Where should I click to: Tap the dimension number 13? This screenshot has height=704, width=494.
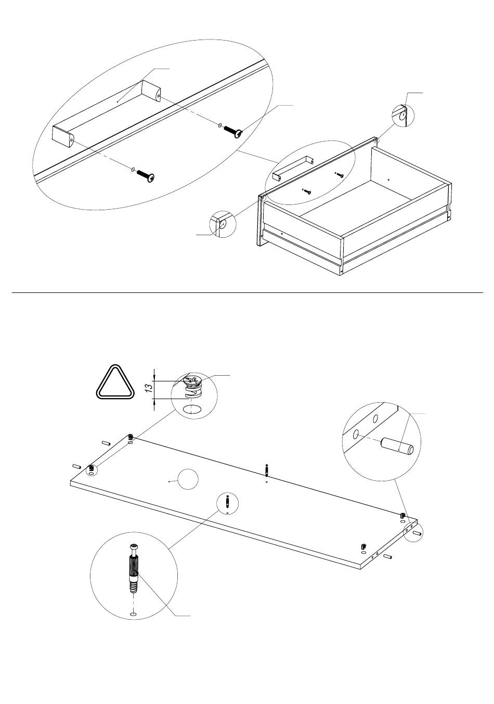tap(150, 387)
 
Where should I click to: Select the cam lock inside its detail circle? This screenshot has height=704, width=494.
tap(192, 386)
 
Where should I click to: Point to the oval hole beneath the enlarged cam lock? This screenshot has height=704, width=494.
tap(192, 410)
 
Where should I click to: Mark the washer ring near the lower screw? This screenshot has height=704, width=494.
tap(133, 170)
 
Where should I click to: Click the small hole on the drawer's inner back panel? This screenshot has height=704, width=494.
tap(388, 180)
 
